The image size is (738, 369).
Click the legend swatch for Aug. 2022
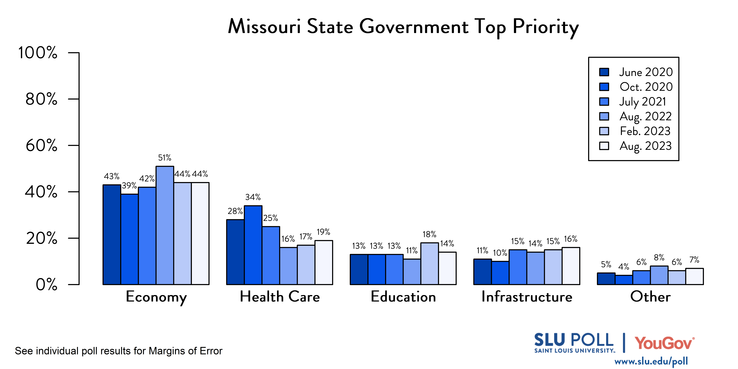point(604,116)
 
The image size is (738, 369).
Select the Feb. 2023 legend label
point(645,131)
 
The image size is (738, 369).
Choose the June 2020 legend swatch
point(604,72)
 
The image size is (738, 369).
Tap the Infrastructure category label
point(527,297)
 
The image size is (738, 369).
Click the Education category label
point(403,297)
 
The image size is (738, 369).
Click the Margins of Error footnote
point(119,351)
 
